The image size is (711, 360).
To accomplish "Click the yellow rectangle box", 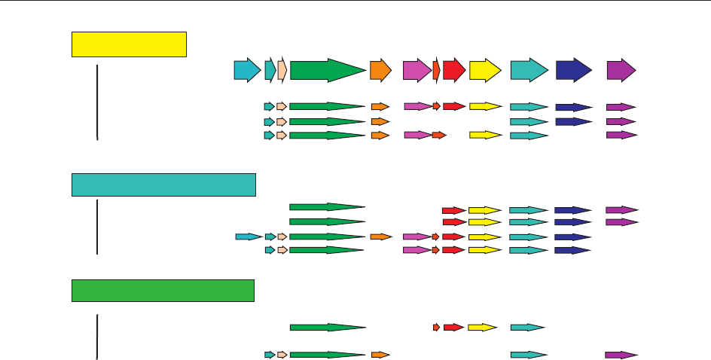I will click(x=129, y=44).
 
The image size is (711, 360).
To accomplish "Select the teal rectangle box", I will click(x=163, y=185).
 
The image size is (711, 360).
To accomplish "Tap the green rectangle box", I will click(x=163, y=290).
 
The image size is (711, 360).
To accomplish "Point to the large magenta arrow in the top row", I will click(x=417, y=70).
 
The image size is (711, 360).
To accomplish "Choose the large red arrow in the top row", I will click(x=453, y=70).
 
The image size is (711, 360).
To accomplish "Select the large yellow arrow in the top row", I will click(x=485, y=70).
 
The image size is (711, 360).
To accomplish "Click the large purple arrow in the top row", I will click(x=621, y=70).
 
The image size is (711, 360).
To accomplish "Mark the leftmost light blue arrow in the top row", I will click(x=246, y=70).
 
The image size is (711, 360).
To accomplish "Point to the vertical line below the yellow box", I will click(x=97, y=102).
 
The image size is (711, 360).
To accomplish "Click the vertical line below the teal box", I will click(x=97, y=227).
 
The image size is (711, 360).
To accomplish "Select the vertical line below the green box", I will click(x=97, y=337).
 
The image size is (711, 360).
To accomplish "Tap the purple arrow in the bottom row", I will click(x=621, y=355).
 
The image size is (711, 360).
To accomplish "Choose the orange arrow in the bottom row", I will click(x=380, y=355).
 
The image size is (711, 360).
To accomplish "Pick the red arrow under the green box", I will click(x=453, y=328).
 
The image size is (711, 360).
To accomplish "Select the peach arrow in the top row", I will click(x=282, y=70).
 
